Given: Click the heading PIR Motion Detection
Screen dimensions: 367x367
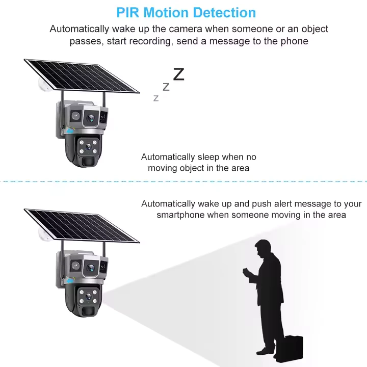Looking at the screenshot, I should click(x=186, y=12).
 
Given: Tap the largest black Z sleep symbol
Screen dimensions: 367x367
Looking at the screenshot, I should click(x=178, y=74).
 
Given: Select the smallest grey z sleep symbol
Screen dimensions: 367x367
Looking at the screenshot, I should click(x=156, y=98).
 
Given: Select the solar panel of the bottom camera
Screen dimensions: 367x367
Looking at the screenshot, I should click(x=82, y=225).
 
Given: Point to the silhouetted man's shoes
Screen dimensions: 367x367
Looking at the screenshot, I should click(x=265, y=351).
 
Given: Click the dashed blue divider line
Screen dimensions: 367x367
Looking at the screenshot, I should click(x=183, y=180).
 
